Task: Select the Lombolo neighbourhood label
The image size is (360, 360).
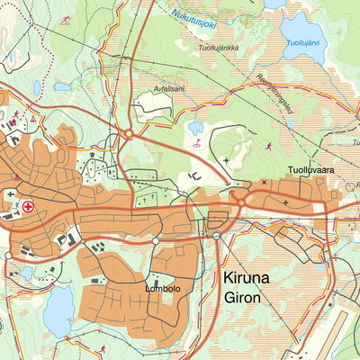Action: point(163,289)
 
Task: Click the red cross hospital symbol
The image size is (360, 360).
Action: point(29,206)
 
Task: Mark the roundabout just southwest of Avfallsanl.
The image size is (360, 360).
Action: point(130,134)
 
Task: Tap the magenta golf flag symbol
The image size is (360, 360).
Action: point(196,142)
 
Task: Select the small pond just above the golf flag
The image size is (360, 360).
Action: point(195,128)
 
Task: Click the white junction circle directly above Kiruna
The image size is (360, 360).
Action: point(216,237)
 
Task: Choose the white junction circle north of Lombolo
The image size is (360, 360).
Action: point(155,241)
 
